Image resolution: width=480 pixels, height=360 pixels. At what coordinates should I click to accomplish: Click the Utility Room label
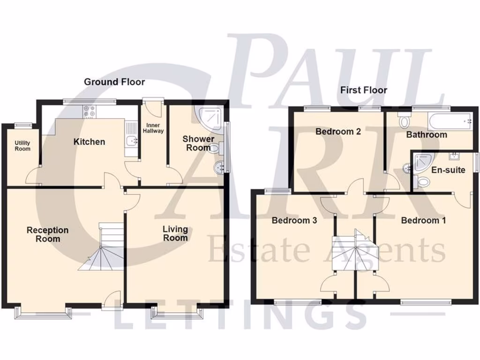coord(22,146)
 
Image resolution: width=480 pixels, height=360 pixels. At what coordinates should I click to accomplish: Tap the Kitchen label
coord(89,142)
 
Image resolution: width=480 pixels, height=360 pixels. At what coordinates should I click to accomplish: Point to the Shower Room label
coord(198,143)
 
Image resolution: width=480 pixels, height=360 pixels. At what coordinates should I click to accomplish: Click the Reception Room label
coord(47,234)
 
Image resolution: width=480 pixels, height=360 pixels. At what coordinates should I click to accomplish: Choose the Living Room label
coord(175,233)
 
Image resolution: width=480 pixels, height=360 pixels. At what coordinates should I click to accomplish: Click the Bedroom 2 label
coord(337,132)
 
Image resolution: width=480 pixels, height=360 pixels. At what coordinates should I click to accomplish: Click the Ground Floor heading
coord(114,82)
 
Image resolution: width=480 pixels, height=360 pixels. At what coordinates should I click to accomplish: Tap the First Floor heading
coord(364,90)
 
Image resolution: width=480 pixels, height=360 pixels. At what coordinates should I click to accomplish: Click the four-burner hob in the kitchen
coord(90,111)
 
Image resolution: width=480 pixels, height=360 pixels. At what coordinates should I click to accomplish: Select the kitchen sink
coord(131,140)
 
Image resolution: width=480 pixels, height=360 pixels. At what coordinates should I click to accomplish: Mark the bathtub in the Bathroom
coord(450,122)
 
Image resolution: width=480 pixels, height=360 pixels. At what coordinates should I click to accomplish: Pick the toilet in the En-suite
coord(423,181)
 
